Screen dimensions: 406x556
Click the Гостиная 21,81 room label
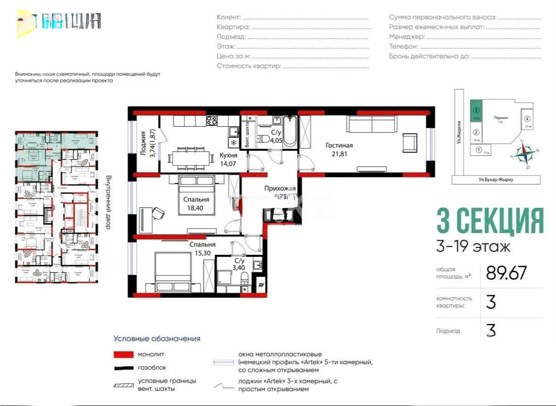pyautogui.click(x=339, y=149)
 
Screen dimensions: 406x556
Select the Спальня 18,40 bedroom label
pyautogui.click(x=196, y=203)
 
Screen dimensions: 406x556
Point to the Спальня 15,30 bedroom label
pyautogui.click(x=202, y=248)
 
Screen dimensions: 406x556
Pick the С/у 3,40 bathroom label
pyautogui.click(x=240, y=264)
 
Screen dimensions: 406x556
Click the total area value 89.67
pyautogui.click(x=506, y=273)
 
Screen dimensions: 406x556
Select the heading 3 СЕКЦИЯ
pyautogui.click(x=490, y=220)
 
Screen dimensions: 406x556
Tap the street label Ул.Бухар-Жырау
pyautogui.click(x=496, y=179)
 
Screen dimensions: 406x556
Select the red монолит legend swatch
pyautogui.click(x=124, y=354)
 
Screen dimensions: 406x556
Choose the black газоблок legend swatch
pyautogui.click(x=124, y=367)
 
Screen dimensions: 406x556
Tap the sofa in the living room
pyautogui.click(x=372, y=125)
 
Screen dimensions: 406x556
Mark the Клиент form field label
pyautogui.click(x=229, y=17)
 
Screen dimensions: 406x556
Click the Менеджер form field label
pyautogui.click(x=407, y=37)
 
